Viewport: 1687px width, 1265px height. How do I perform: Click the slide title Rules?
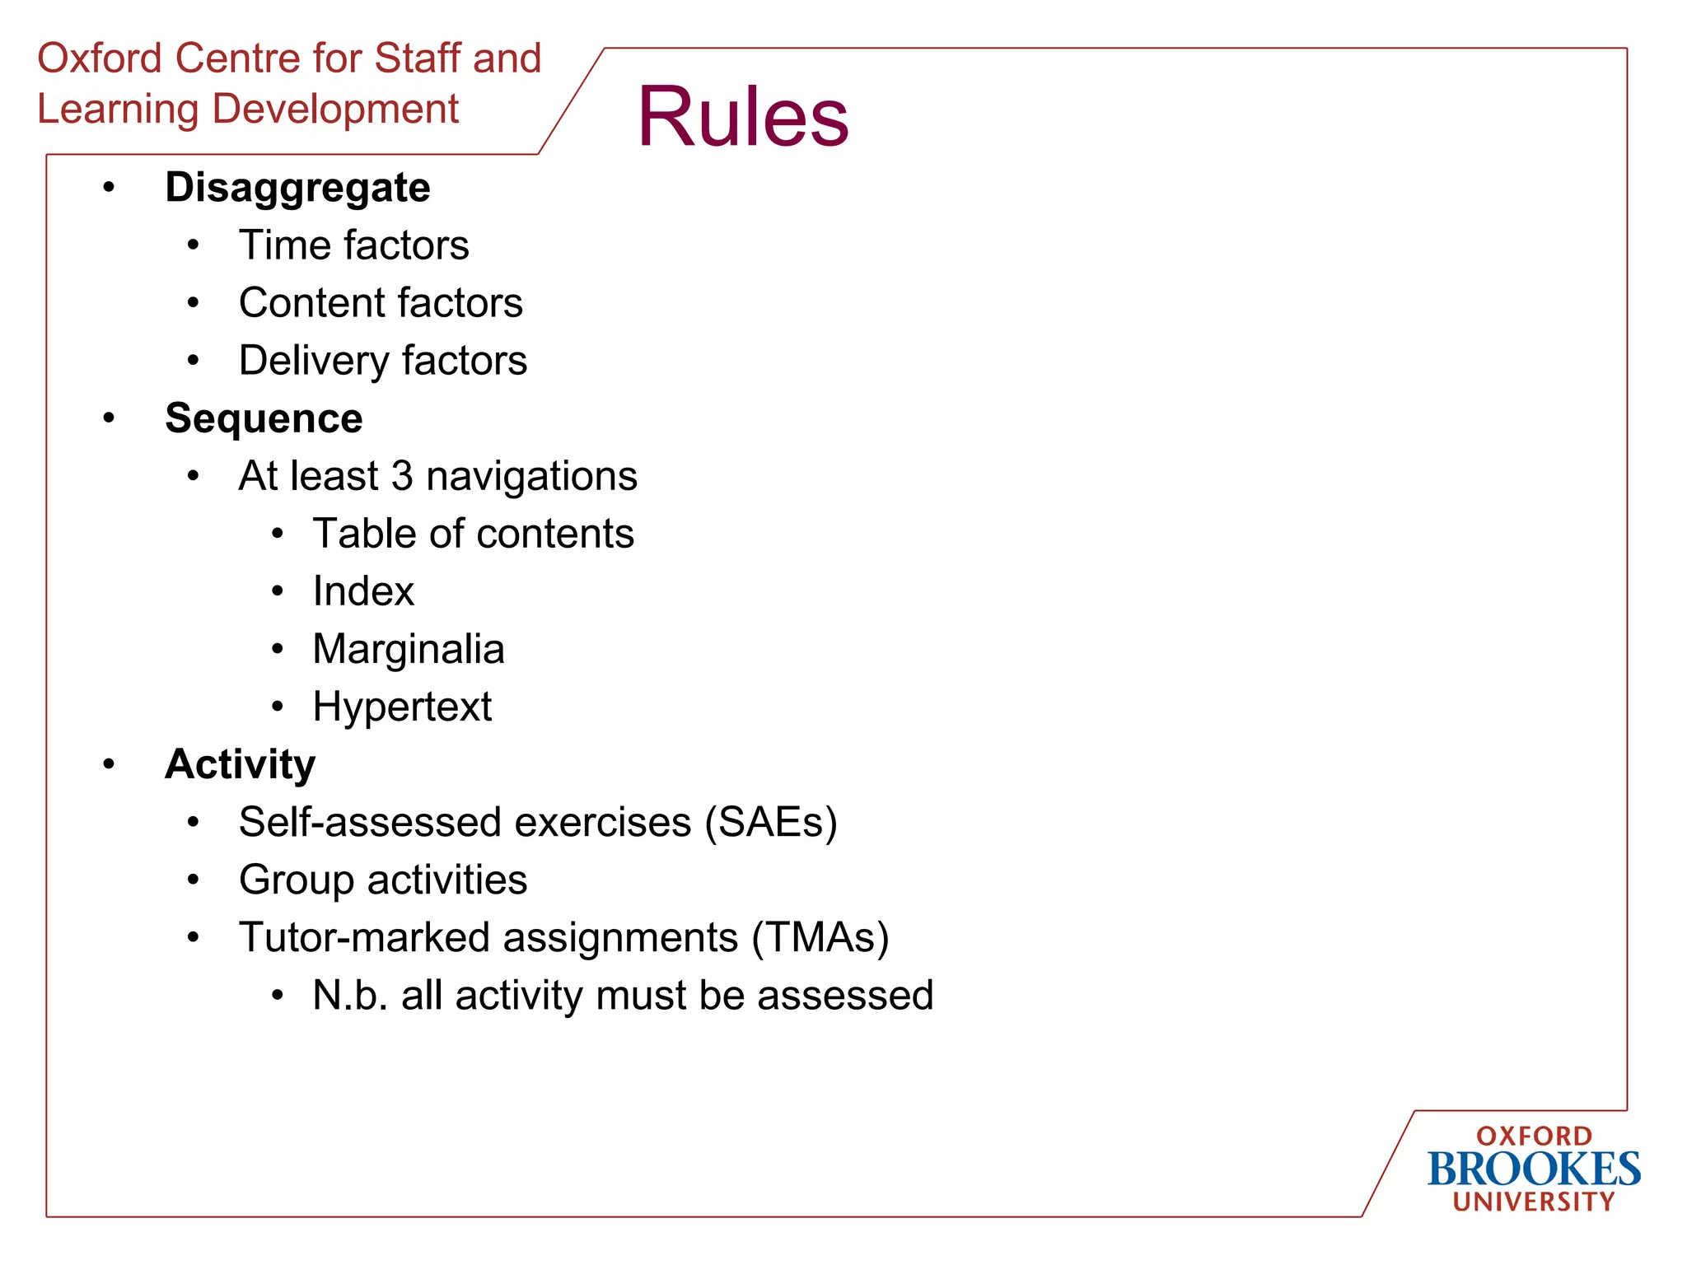point(742,117)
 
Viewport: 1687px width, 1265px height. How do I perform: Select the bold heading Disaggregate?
point(297,188)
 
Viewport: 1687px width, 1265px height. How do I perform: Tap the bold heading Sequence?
point(264,418)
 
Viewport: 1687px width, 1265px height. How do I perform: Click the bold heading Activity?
point(240,764)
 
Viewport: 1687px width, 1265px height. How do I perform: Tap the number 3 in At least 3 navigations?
point(401,476)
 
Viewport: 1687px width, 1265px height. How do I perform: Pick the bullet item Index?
point(363,591)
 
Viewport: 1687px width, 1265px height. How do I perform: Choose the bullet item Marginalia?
point(409,649)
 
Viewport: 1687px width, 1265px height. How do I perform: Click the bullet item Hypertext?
point(402,707)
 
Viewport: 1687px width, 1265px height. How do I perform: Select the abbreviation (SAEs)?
point(771,822)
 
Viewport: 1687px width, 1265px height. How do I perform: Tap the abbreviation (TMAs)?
point(820,937)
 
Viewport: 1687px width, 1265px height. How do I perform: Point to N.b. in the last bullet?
point(349,995)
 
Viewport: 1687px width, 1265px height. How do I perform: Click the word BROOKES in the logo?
point(1533,1169)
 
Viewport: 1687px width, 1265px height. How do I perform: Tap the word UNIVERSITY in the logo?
point(1533,1202)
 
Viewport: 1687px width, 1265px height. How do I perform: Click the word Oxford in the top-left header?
point(99,58)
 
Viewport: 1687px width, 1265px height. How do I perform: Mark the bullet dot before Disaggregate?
point(109,188)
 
